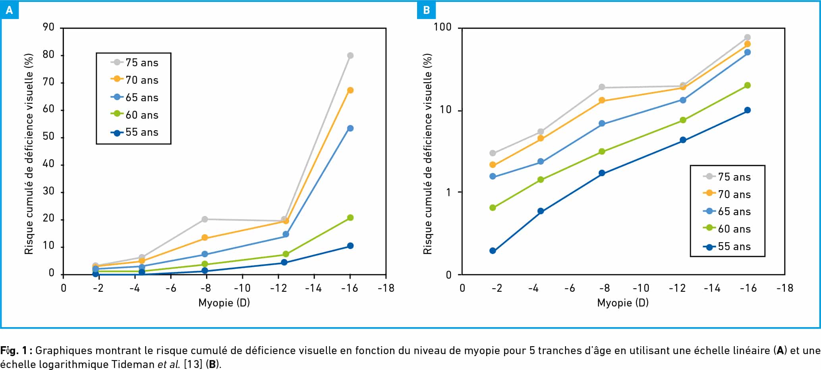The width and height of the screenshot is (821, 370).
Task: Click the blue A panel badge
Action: pos(10,10)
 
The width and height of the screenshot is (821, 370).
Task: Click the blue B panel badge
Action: pos(426,10)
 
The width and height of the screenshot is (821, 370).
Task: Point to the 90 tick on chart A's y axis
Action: pos(48,27)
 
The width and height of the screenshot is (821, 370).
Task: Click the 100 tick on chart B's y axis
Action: pos(442,27)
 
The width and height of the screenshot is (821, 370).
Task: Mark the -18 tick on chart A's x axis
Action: pos(386,288)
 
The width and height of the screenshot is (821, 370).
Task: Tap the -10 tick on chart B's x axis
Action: pos(640,288)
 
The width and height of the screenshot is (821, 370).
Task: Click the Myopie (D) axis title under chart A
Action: pos(224,303)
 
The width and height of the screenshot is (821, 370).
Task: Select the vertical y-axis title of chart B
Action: pos(427,154)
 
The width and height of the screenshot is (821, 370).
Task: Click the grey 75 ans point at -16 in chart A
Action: pos(350,56)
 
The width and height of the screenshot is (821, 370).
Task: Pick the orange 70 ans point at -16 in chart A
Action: pos(350,91)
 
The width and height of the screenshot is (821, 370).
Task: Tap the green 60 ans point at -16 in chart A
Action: pos(350,218)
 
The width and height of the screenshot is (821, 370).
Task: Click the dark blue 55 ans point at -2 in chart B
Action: pos(493,251)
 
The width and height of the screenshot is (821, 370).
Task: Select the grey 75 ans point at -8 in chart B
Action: pos(602,87)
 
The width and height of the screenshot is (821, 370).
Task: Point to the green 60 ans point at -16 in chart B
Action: pos(747,85)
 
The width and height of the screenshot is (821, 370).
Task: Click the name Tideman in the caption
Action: pos(133,364)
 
